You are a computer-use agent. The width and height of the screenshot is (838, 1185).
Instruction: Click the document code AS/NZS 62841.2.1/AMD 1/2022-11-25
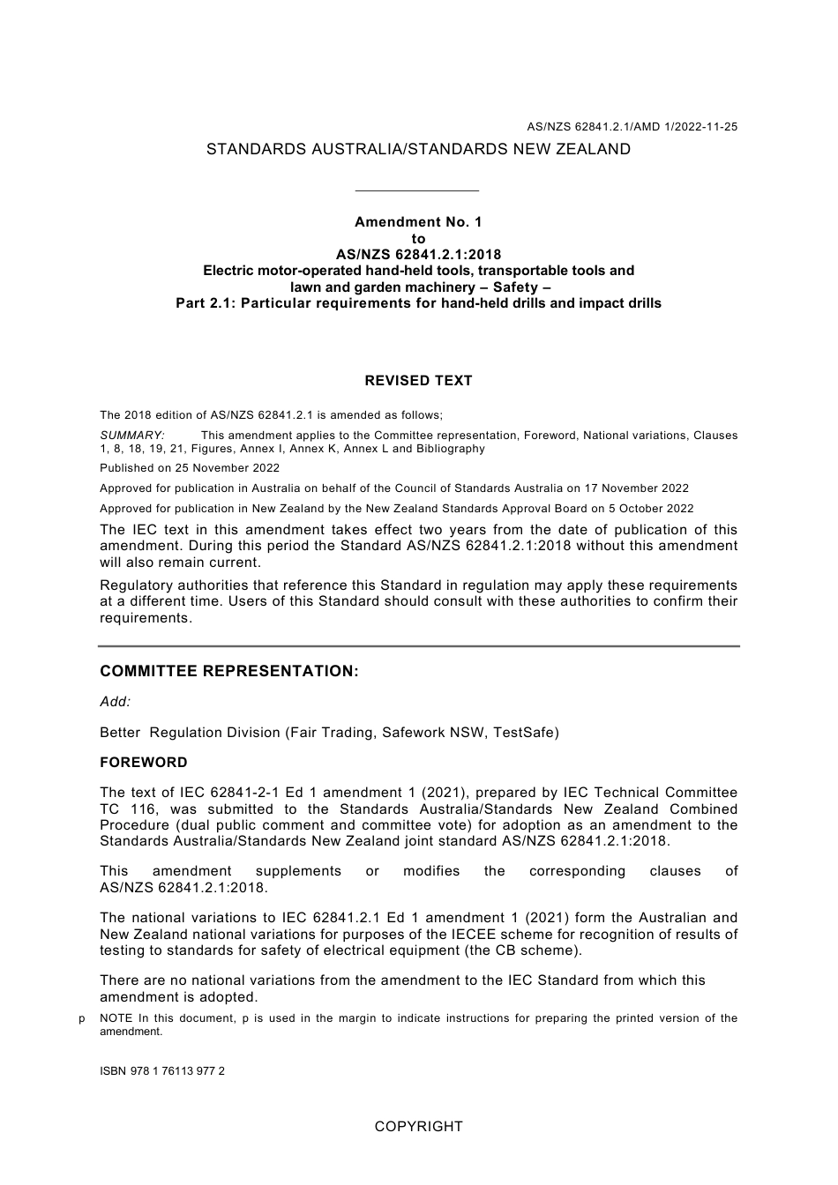click(632, 127)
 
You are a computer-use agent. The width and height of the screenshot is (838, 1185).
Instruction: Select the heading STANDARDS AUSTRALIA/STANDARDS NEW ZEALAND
click(418, 150)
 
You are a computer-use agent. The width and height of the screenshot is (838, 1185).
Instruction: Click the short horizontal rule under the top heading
click(416, 190)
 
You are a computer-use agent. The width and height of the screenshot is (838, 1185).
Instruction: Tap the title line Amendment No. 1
click(418, 222)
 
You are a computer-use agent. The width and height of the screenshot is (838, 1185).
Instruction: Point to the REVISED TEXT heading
click(418, 381)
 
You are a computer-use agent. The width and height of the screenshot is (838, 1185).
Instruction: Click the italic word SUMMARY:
click(132, 436)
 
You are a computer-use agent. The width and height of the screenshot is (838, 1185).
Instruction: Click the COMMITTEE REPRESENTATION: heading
click(229, 672)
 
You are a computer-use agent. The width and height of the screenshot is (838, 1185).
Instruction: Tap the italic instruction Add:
click(115, 702)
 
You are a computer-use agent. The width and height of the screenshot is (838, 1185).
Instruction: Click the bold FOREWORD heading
click(144, 763)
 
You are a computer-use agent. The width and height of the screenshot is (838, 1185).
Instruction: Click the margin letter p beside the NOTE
click(82, 1018)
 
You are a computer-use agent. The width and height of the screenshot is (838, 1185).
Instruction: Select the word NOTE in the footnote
click(116, 1018)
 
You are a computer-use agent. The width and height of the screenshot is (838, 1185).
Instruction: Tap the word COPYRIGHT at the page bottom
click(418, 1127)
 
